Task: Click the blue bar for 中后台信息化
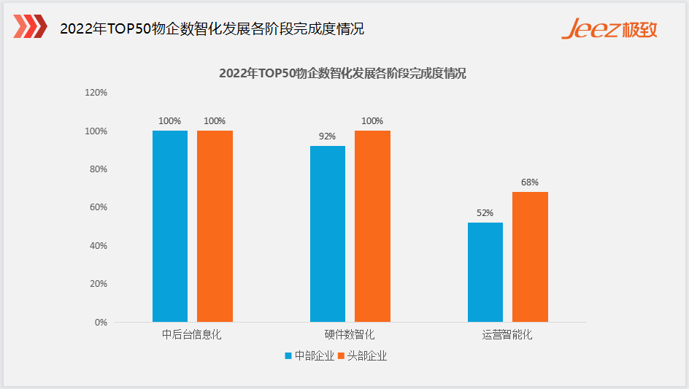[x=170, y=226]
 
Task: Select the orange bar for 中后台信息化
[x=215, y=226]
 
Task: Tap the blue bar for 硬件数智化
[x=328, y=234]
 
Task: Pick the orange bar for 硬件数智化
[x=373, y=226]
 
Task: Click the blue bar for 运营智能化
[x=485, y=272]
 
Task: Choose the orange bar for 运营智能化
[x=530, y=257]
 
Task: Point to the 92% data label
[x=328, y=136]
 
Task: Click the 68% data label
[x=530, y=182]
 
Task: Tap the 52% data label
[x=485, y=212]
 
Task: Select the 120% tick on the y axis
[x=96, y=92]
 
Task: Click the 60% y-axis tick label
[x=99, y=207]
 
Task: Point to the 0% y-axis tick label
[x=101, y=322]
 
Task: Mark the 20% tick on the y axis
[x=99, y=284]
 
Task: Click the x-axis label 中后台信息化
[x=191, y=335]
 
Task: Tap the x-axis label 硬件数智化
[x=350, y=335]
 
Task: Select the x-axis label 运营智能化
[x=507, y=335]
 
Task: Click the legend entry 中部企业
[x=309, y=356]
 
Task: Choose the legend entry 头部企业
[x=363, y=356]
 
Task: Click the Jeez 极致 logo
[x=609, y=28]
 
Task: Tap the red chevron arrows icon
[x=31, y=26]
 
